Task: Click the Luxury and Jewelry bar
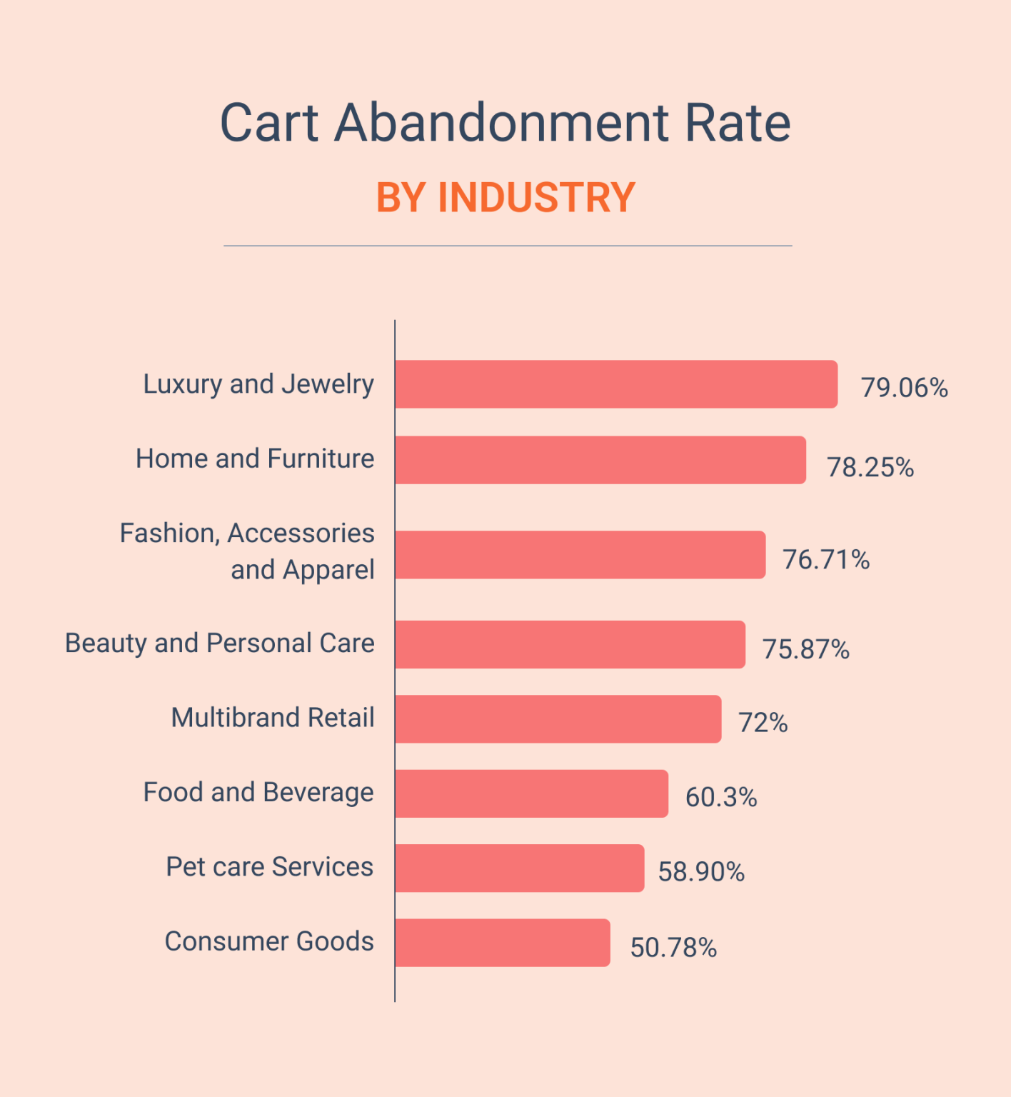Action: click(615, 384)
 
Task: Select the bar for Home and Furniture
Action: click(600, 460)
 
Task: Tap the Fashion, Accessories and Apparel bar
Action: click(580, 555)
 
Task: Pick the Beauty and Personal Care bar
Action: click(570, 644)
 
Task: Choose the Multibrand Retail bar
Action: click(558, 719)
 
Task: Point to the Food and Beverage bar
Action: click(531, 793)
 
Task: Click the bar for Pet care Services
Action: click(519, 868)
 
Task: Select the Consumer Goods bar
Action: click(502, 943)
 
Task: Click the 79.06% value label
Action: click(904, 388)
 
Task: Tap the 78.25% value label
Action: click(870, 468)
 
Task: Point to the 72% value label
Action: click(763, 723)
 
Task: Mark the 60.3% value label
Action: click(720, 798)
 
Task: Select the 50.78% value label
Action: click(673, 948)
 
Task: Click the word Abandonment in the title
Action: click(501, 123)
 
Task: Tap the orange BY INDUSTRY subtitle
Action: click(505, 198)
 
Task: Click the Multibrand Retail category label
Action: click(273, 718)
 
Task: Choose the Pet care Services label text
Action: click(269, 867)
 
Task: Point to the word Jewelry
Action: click(328, 384)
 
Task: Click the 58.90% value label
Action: click(700, 872)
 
